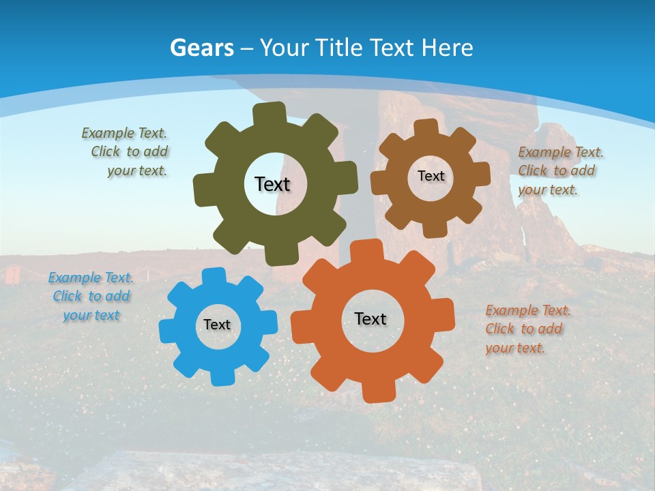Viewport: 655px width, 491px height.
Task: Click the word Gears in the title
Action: pos(202,48)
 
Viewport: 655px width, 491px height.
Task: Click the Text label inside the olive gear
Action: pos(272,184)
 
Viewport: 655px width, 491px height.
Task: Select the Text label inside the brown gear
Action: pos(431,176)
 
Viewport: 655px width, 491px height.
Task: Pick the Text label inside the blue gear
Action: pos(217,325)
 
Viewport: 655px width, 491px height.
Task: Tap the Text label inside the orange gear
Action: pos(370,318)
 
